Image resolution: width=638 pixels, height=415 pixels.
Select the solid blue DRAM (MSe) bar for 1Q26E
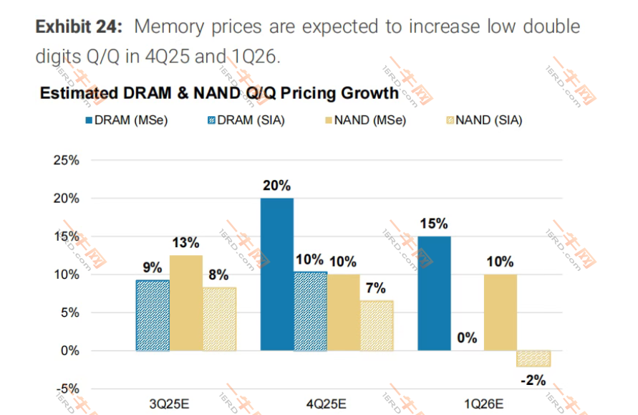pos(433,293)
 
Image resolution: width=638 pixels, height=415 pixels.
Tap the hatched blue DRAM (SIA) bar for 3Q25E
pos(153,315)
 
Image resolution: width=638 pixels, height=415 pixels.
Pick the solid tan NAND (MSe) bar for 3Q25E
pos(185,302)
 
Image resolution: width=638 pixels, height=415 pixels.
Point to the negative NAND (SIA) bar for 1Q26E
pos(533,358)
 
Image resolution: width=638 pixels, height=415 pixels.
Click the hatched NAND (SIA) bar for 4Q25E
pos(376,325)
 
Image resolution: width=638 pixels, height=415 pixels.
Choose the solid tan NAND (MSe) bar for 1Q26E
pos(500,313)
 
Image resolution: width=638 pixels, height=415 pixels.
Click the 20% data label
pos(276,186)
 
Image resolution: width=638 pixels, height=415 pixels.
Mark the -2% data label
pos(533,380)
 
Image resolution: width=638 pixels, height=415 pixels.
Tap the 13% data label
pos(185,243)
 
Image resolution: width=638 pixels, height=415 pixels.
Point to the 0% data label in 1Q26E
pos(467,338)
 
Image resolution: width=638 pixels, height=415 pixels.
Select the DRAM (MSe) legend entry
pos(127,120)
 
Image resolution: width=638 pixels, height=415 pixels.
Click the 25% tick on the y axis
pos(65,160)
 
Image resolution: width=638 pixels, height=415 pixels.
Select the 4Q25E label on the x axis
pos(327,403)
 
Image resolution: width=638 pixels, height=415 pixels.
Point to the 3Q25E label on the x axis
pos(169,403)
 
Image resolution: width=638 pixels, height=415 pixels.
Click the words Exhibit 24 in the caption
pos(79,27)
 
